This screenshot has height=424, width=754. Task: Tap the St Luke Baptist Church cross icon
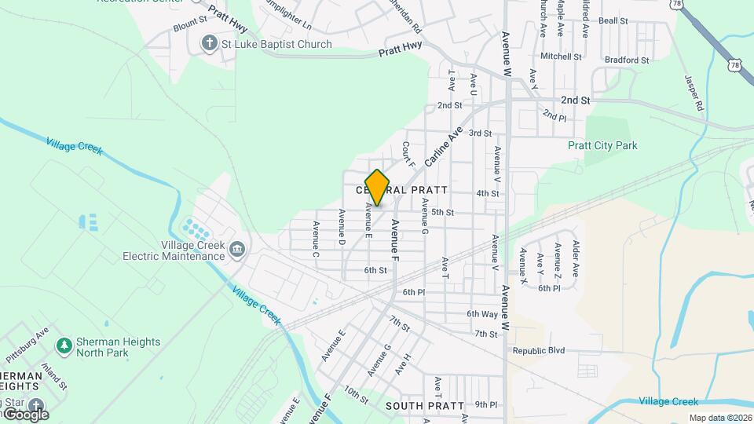(209, 44)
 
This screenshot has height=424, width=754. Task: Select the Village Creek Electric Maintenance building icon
(236, 250)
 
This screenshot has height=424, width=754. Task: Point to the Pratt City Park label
(602, 145)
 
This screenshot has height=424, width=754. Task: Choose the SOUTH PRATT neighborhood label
(416, 406)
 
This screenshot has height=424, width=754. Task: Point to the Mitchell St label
(561, 57)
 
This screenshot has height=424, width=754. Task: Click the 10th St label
(355, 396)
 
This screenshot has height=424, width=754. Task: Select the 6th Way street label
(482, 314)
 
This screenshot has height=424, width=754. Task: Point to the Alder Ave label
(576, 258)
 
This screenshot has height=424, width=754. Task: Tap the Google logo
(25, 414)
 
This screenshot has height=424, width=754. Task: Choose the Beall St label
(613, 21)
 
